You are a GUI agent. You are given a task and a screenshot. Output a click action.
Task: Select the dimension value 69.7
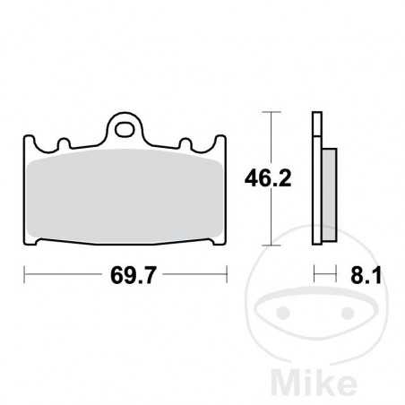(x=127, y=276)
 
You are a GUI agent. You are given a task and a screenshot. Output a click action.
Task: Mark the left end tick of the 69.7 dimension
(x=23, y=276)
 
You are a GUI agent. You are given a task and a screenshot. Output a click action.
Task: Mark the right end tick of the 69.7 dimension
(x=228, y=276)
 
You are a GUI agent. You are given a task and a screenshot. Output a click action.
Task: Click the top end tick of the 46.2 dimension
(x=271, y=112)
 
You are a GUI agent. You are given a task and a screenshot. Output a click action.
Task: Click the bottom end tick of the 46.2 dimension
(x=271, y=246)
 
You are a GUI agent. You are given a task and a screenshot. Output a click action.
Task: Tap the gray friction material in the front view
(x=125, y=197)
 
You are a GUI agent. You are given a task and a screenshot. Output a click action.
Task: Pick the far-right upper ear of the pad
(x=224, y=142)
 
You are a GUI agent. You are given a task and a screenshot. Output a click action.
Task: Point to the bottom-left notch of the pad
(x=39, y=245)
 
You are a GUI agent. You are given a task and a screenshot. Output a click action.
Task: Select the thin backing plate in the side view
(x=315, y=179)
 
